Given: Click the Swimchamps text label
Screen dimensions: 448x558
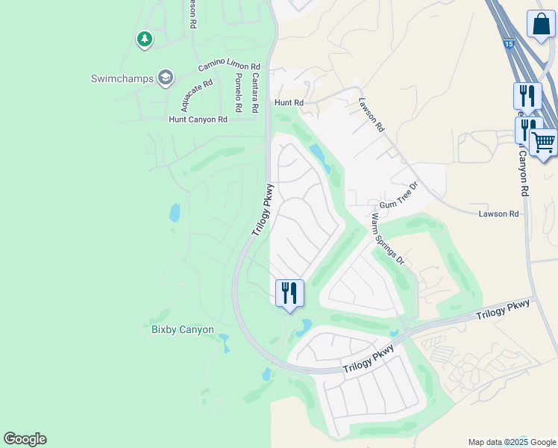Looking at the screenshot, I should pyautogui.click(x=122, y=78).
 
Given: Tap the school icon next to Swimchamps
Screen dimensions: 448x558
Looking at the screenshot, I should pyautogui.click(x=166, y=77).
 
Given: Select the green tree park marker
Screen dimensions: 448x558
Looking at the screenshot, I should pyautogui.click(x=145, y=39).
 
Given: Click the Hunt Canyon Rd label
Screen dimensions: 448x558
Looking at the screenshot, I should pyautogui.click(x=198, y=119).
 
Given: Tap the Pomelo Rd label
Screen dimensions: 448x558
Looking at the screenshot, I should pyautogui.click(x=238, y=93).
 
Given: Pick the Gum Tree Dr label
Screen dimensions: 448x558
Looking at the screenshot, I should pyautogui.click(x=399, y=197).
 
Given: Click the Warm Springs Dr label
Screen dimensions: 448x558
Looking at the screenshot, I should pyautogui.click(x=387, y=239).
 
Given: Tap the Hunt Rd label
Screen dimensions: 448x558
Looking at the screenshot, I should pyautogui.click(x=289, y=102).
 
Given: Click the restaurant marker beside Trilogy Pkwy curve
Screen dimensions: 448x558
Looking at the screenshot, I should pyautogui.click(x=289, y=292).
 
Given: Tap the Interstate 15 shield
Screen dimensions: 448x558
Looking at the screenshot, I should pyautogui.click(x=508, y=45).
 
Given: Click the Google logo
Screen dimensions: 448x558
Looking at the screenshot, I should pyautogui.click(x=25, y=439).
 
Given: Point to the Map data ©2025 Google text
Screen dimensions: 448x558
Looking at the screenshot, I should pyautogui.click(x=511, y=442).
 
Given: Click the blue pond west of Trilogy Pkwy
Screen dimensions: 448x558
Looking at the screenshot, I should pyautogui.click(x=175, y=214).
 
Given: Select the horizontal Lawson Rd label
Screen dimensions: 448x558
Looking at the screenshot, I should pyautogui.click(x=498, y=214).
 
